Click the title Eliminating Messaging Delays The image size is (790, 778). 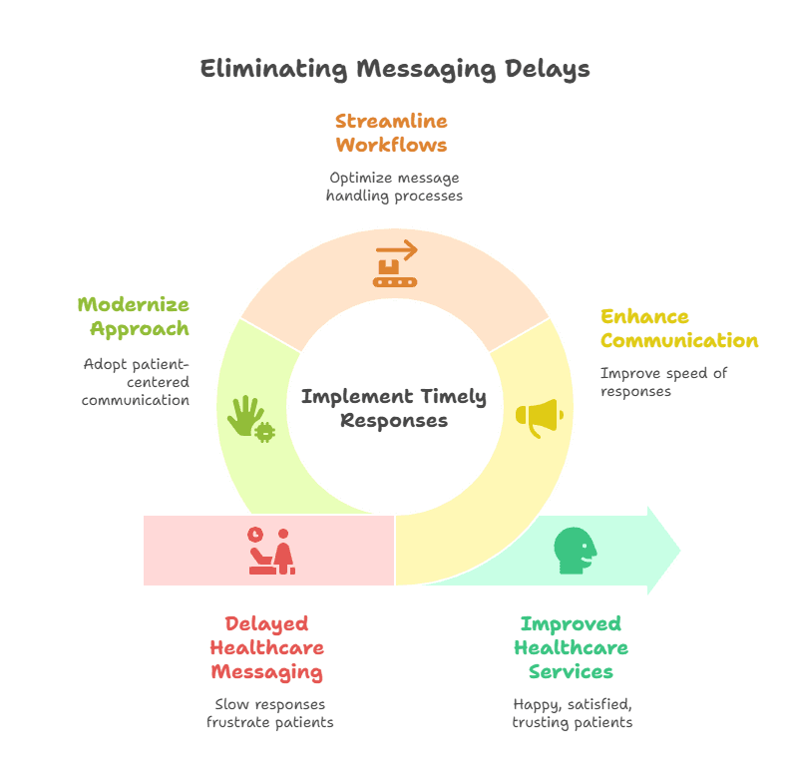point(395,69)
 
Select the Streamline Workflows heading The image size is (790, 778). point(391,133)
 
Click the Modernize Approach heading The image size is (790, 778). point(134,316)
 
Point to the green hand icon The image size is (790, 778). point(249,417)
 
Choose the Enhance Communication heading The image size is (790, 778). point(678,328)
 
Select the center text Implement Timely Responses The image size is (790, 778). point(394,408)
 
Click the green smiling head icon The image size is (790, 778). point(576,551)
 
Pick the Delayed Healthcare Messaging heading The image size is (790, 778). point(266,648)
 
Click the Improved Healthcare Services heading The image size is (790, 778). point(571,648)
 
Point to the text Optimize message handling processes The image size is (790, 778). point(394,187)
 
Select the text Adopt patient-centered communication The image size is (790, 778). point(136,382)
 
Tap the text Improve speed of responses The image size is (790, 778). point(663,382)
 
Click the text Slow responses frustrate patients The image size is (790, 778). point(269,712)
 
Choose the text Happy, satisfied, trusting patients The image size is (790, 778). point(572,712)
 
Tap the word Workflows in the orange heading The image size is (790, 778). point(391,145)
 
